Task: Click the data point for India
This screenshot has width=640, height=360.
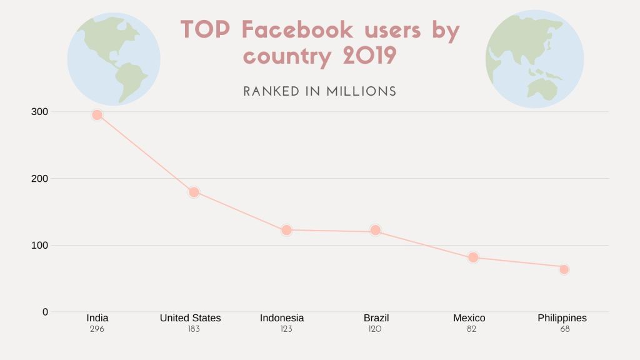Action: point(97,115)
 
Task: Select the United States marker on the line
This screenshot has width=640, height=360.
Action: point(194,192)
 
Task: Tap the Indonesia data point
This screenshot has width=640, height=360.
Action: point(286,230)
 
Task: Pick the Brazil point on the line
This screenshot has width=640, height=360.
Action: point(375,230)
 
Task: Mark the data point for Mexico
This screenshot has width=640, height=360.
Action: point(473,257)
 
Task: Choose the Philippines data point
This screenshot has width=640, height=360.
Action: point(564,269)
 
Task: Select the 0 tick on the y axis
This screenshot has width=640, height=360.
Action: point(45,311)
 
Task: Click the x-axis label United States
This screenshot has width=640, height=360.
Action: point(190,318)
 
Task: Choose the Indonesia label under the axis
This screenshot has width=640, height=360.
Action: point(282,318)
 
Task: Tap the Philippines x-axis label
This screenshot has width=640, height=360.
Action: point(562,318)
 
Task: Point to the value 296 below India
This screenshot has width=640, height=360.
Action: point(97,329)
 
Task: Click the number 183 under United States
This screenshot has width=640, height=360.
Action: point(193,329)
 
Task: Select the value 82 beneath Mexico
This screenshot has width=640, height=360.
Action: point(471,329)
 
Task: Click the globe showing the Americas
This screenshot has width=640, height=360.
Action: point(114,59)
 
